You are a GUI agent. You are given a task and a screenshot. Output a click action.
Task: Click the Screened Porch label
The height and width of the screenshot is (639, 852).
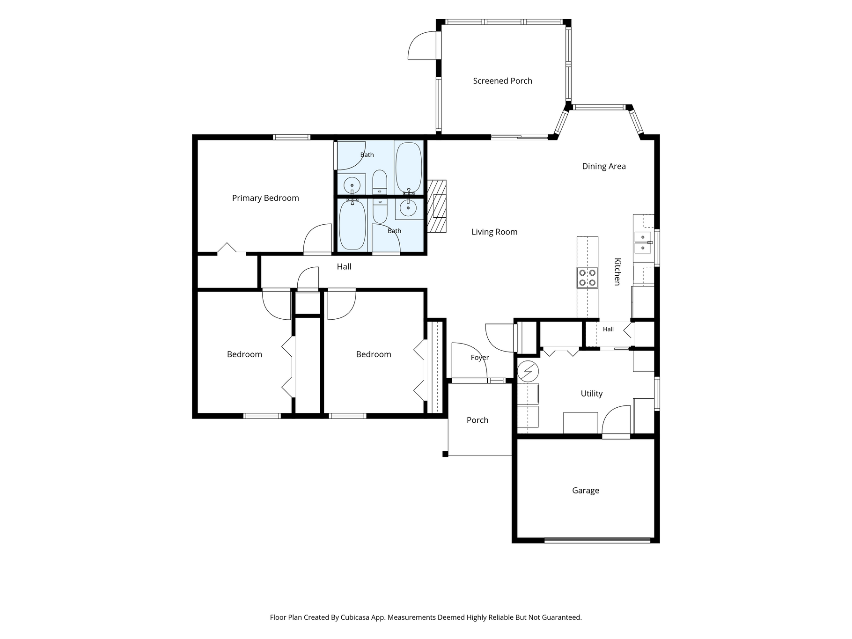(x=502, y=81)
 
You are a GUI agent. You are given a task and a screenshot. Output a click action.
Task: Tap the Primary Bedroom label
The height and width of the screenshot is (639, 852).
(x=265, y=198)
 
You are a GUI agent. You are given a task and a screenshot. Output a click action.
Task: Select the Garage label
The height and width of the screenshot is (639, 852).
(x=586, y=491)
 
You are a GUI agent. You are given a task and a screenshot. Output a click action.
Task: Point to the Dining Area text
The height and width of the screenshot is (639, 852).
(x=604, y=166)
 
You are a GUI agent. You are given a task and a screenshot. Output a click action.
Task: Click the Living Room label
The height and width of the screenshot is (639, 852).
(x=494, y=232)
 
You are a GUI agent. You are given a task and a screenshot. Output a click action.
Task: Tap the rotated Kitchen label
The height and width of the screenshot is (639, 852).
(x=617, y=272)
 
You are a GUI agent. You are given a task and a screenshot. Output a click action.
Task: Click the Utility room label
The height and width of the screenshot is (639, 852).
(x=592, y=394)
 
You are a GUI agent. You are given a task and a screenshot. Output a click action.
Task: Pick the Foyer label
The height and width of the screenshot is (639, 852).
(x=480, y=358)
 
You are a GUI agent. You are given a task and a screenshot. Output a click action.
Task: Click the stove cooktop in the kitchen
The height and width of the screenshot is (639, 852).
(x=587, y=278)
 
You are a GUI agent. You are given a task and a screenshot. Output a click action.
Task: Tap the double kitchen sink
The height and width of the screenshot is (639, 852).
(x=643, y=242)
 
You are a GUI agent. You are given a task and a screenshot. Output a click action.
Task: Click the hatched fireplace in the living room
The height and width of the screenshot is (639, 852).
(x=437, y=206)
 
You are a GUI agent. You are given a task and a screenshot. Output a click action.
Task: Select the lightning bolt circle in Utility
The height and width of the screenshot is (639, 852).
(x=528, y=372)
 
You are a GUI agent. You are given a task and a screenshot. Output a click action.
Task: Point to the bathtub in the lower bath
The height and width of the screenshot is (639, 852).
(x=353, y=225)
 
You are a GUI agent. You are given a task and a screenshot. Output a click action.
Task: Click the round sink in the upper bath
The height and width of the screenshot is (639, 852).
(x=352, y=186)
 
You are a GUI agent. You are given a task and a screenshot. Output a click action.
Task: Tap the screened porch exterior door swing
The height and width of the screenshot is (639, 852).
(x=423, y=45)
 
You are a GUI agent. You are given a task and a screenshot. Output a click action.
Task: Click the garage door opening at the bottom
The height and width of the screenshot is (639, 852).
(x=598, y=540)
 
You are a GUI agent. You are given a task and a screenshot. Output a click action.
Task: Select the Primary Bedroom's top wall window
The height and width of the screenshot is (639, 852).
(x=292, y=137)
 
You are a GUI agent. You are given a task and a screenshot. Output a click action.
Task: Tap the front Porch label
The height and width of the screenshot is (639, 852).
(x=477, y=420)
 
